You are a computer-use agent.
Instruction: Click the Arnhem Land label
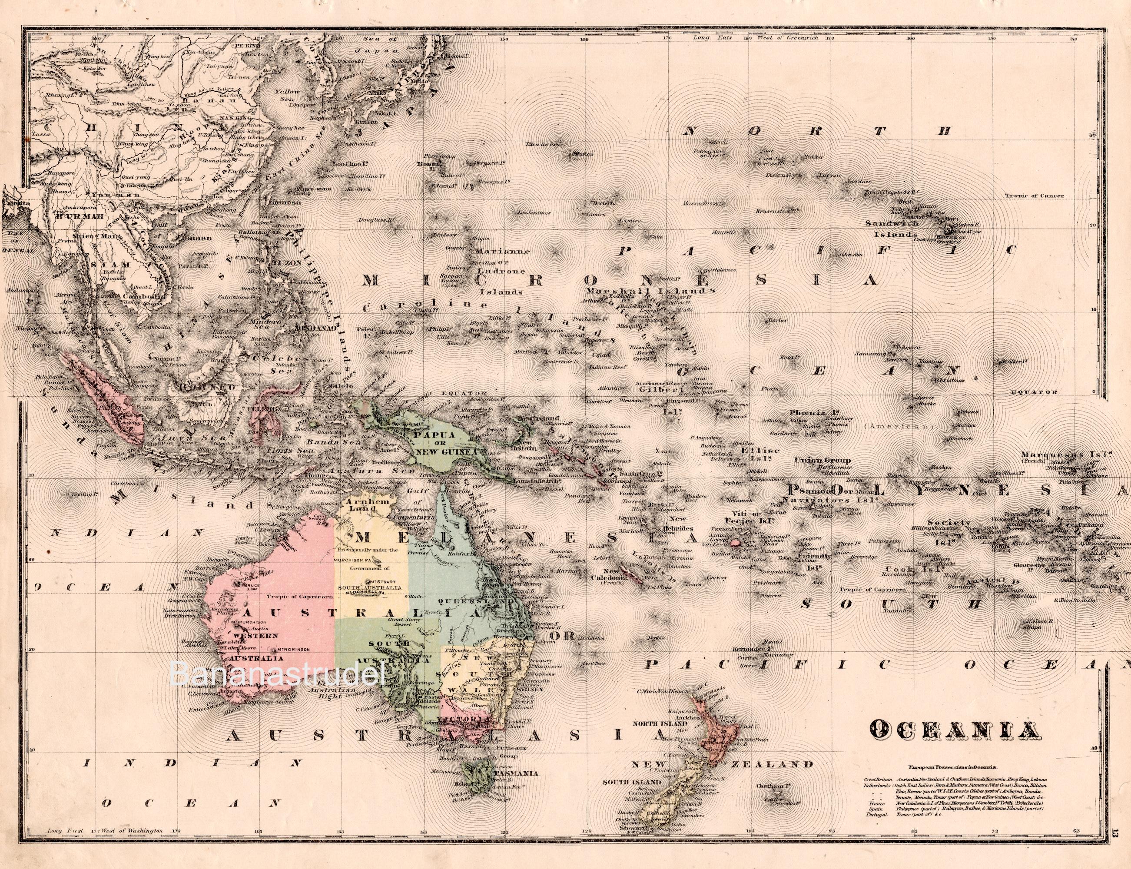point(364,506)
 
